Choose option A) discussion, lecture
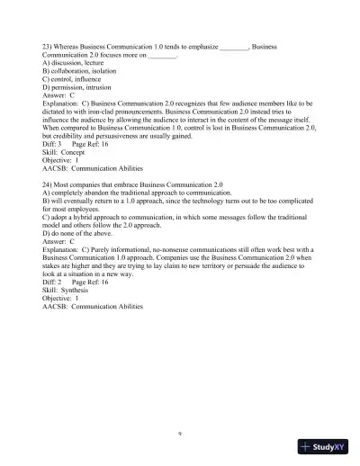point(75,63)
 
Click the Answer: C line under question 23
point(58,97)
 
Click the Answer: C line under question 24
point(58,242)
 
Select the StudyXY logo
point(324,446)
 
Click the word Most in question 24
point(67,183)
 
